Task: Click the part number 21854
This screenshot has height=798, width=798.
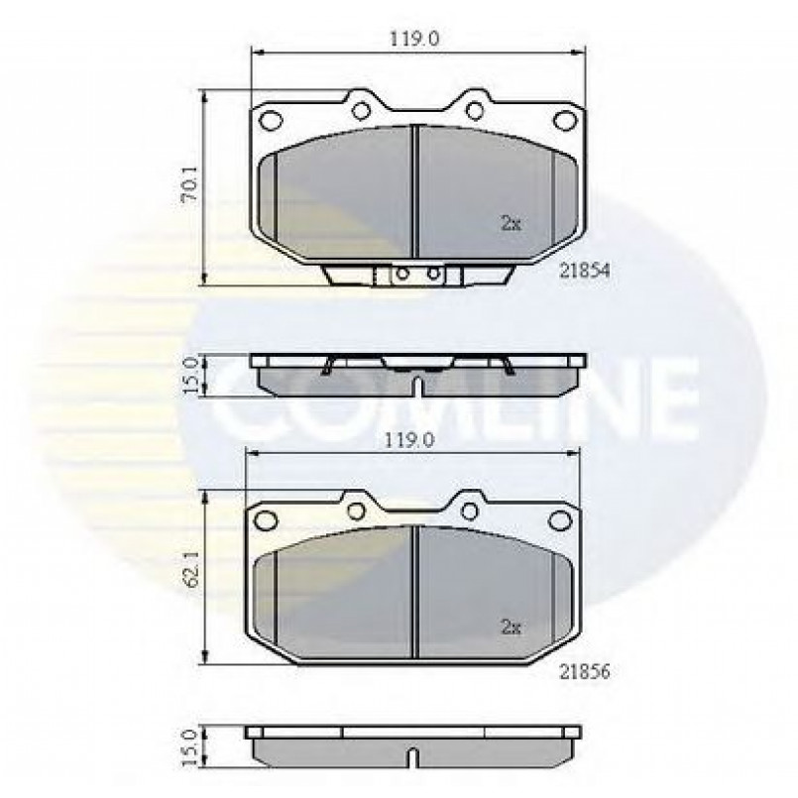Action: point(584,271)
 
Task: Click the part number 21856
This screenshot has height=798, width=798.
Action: point(584,672)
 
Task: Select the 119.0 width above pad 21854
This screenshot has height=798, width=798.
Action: point(414,39)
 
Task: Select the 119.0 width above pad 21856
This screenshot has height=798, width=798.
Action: point(409,440)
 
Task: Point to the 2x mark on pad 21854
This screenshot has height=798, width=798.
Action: point(511,223)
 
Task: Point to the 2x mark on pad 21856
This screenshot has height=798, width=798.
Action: point(511,627)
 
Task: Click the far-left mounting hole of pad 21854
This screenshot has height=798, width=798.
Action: point(271,121)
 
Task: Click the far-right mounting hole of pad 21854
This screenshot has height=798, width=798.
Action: point(564,121)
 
